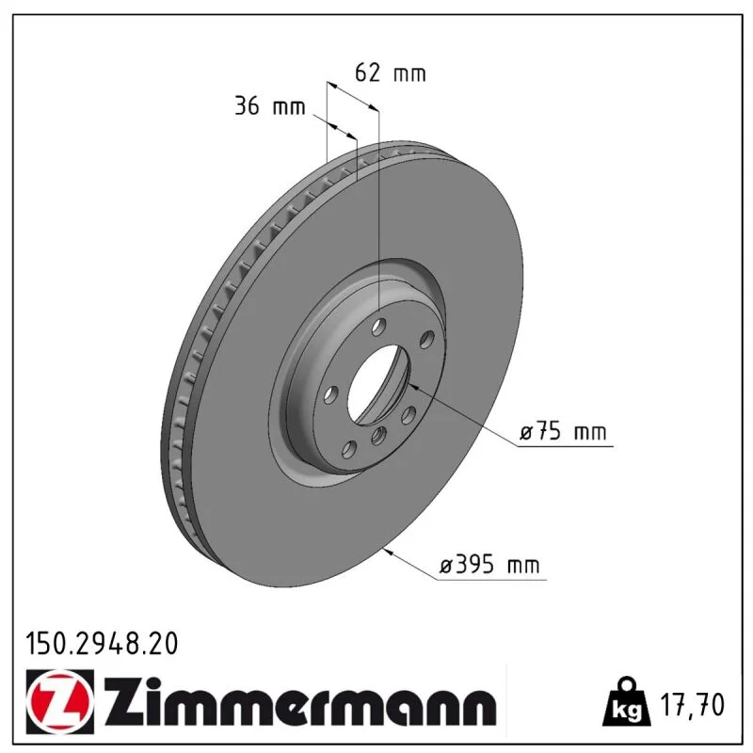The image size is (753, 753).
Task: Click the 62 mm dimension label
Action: (390, 73)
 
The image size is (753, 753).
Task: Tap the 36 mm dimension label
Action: (269, 105)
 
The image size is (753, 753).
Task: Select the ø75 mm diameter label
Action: (563, 431)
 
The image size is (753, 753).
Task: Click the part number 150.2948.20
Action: (102, 644)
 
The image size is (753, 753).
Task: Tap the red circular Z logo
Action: (59, 701)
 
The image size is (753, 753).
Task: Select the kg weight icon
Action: (627, 702)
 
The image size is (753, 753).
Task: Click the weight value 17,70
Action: (692, 705)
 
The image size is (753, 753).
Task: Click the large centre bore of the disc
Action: (379, 384)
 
